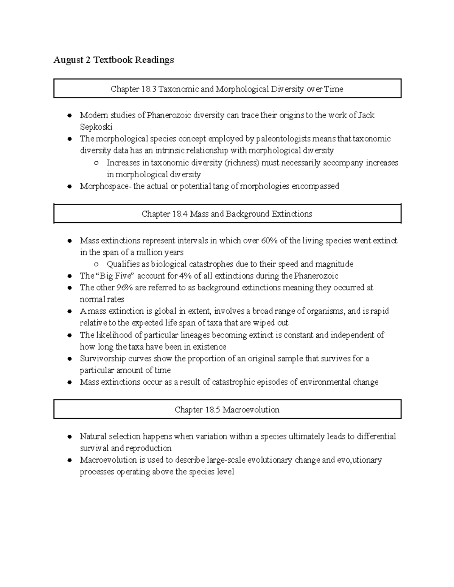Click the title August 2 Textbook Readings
(x=113, y=60)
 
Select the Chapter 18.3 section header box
(x=227, y=89)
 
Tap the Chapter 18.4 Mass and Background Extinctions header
(x=227, y=214)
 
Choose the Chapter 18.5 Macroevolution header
(x=227, y=410)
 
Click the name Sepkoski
(x=96, y=127)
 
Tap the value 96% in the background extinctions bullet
(x=124, y=288)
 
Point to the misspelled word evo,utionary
(x=362, y=460)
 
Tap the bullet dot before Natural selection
(x=69, y=437)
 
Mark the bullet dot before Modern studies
(x=69, y=115)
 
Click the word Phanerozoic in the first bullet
(x=169, y=115)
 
